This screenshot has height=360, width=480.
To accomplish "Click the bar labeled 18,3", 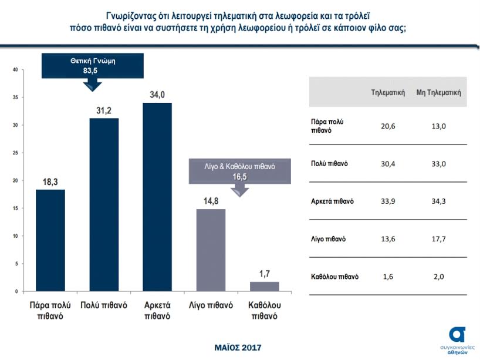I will (x=50, y=240).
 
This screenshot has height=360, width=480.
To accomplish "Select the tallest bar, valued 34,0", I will (x=157, y=197).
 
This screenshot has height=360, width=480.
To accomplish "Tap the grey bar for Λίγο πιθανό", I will (x=211, y=250).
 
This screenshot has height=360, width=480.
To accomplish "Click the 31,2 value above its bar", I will (x=104, y=109).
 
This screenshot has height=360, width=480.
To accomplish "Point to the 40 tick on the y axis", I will (x=15, y=70).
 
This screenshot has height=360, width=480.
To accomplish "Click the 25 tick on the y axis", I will (x=15, y=153).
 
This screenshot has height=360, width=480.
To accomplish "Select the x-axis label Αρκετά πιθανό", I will (x=157, y=311).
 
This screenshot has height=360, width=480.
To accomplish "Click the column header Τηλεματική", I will (x=388, y=92).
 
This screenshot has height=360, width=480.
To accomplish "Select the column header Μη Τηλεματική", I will (x=438, y=92).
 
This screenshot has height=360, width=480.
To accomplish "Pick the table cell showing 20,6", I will (x=388, y=126).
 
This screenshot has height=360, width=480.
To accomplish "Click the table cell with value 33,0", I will (x=438, y=163).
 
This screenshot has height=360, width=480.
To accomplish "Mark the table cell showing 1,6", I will (x=388, y=277).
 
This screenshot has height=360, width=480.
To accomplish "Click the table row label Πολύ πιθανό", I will (x=329, y=163).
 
